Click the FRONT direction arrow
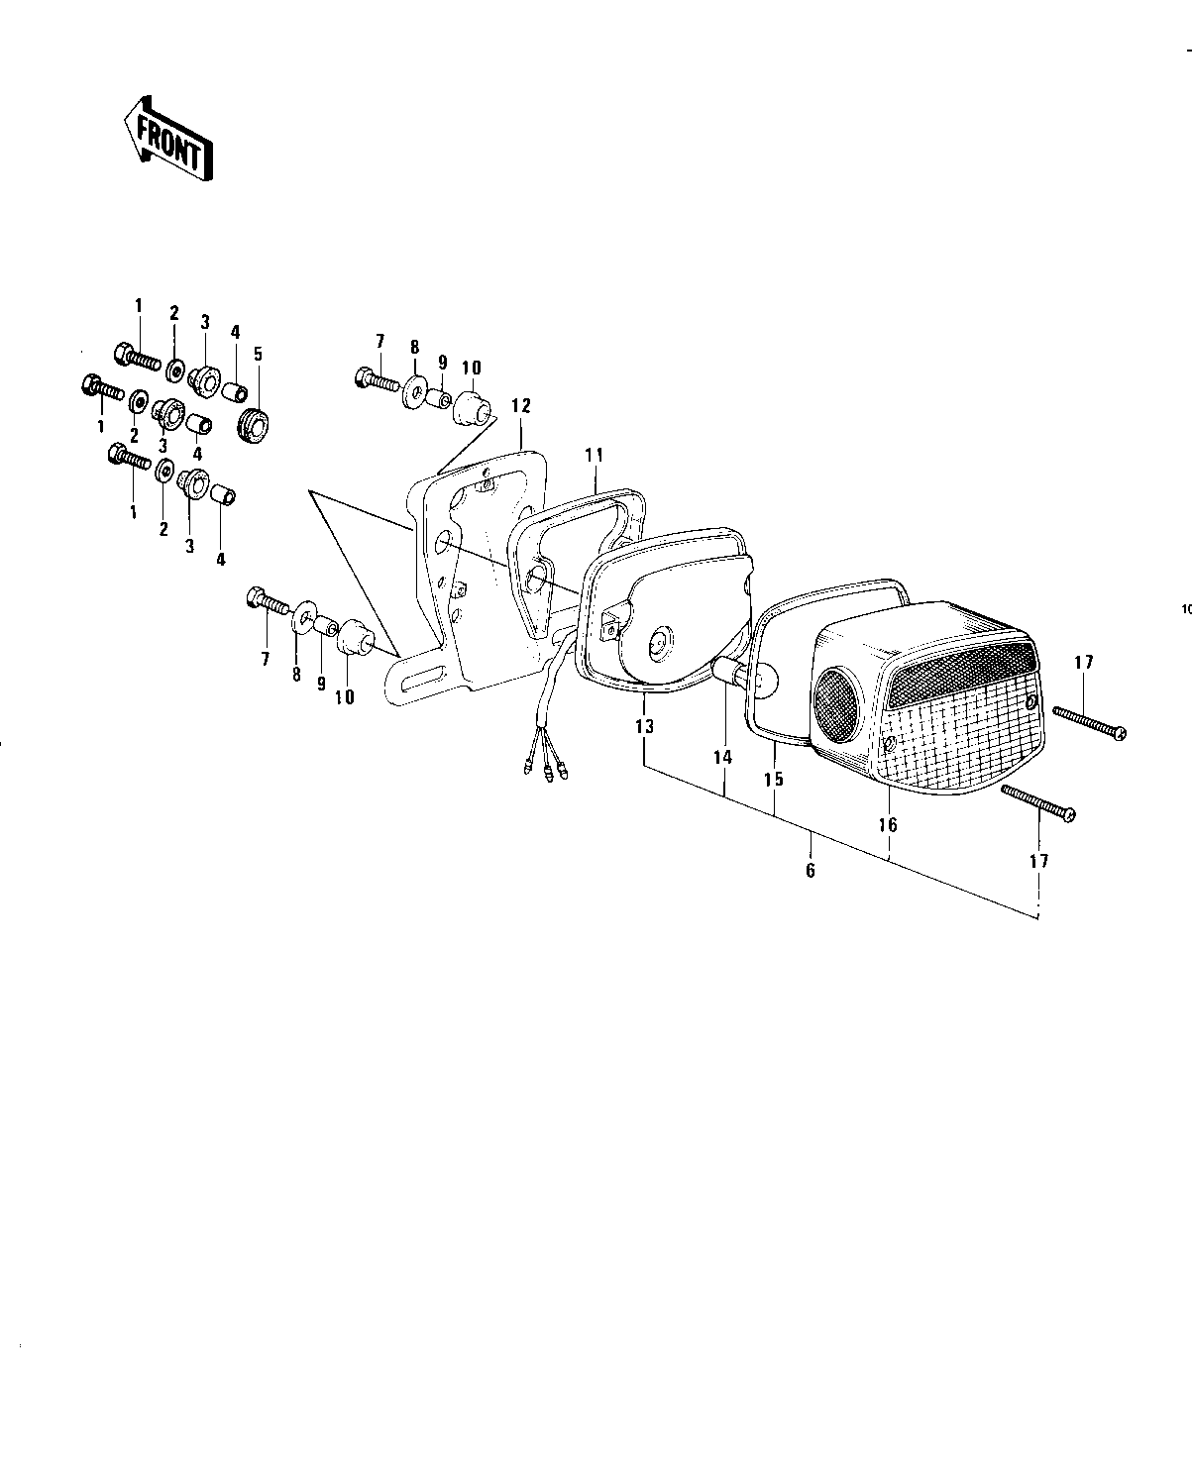pyautogui.click(x=166, y=139)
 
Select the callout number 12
pyautogui.click(x=521, y=405)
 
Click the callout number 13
pyautogui.click(x=645, y=727)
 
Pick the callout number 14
pyautogui.click(x=722, y=757)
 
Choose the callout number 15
pyautogui.click(x=774, y=779)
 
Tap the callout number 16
pyautogui.click(x=888, y=824)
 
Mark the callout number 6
pyautogui.click(x=811, y=871)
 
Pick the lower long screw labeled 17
pyautogui.click(x=1038, y=802)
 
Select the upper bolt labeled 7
pyautogui.click(x=377, y=378)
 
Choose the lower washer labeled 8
pyautogui.click(x=303, y=621)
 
